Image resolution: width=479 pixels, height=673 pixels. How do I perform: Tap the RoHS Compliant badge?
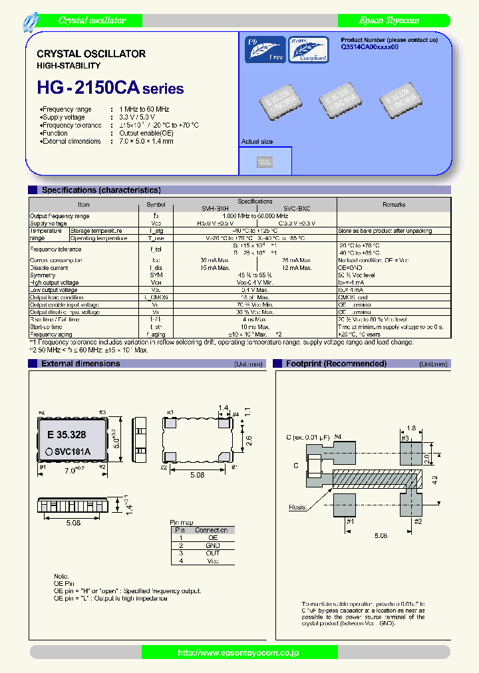click(307, 49)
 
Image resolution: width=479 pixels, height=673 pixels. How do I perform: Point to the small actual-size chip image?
click(265, 161)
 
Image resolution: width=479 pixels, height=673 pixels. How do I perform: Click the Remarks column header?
click(393, 205)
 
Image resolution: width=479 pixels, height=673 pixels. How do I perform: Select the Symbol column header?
click(156, 205)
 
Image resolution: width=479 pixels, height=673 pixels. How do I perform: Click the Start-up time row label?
click(47, 327)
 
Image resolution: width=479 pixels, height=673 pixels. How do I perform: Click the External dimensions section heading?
click(80, 364)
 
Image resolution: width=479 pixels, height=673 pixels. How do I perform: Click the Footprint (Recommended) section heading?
click(336, 364)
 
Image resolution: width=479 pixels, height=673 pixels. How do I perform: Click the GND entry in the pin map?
click(212, 545)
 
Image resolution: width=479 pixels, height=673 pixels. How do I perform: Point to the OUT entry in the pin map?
click(212, 553)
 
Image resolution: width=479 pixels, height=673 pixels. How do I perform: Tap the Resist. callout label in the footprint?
click(297, 507)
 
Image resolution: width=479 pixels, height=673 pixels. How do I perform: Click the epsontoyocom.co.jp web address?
click(239, 653)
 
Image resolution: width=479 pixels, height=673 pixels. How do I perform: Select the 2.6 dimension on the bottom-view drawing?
click(249, 440)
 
